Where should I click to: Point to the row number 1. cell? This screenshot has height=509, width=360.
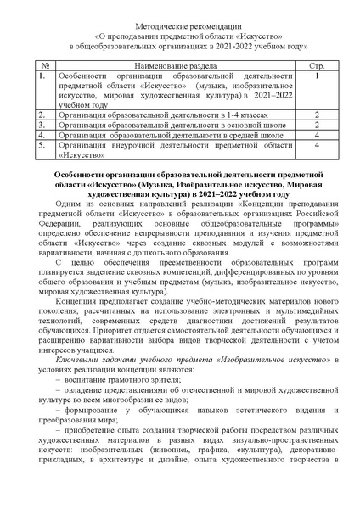point(42,76)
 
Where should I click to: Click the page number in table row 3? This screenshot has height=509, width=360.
point(315,124)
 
